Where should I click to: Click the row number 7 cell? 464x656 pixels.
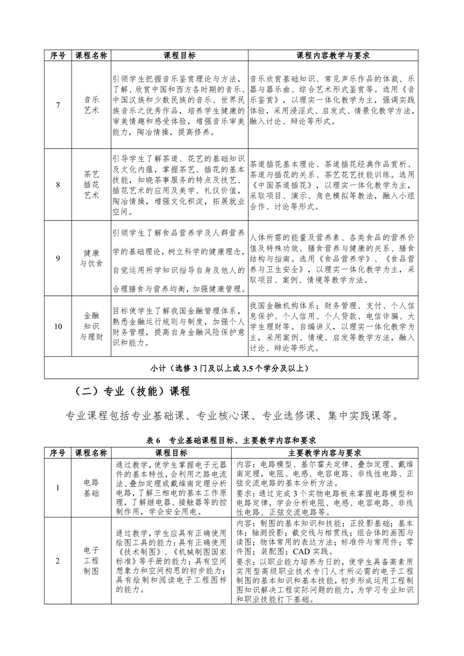(58, 105)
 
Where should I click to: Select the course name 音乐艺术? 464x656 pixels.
(91, 105)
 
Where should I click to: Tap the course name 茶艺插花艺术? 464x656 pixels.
(91, 185)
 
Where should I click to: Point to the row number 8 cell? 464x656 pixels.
(58, 185)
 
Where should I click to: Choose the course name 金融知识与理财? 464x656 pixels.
(91, 326)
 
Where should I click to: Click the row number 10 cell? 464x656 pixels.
(58, 326)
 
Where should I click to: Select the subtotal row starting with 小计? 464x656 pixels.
(232, 368)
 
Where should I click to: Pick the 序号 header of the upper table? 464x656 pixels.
(58, 56)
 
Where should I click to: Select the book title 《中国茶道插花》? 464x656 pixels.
(279, 185)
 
